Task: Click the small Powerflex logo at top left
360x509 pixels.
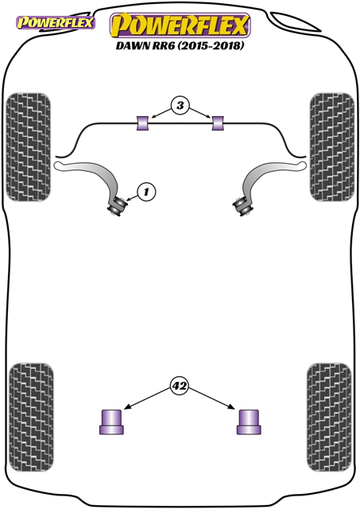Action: click(56, 23)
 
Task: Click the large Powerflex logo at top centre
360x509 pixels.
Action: click(180, 25)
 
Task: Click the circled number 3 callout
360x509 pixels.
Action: click(180, 105)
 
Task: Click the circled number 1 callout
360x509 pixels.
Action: click(146, 192)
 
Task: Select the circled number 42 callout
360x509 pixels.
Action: click(180, 386)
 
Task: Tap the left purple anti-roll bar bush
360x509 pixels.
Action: click(142, 123)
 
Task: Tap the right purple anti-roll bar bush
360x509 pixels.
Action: click(218, 123)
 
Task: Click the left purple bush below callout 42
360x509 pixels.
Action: click(111, 422)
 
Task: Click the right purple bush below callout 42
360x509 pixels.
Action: click(249, 422)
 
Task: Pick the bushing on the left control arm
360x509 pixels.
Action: click(117, 206)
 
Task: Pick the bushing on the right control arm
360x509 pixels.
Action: click(242, 207)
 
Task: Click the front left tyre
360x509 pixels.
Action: click(29, 147)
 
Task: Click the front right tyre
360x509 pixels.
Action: click(331, 147)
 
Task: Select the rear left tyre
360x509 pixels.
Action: click(31, 418)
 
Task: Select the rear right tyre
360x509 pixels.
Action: click(329, 418)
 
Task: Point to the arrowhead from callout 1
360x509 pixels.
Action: click(129, 200)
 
